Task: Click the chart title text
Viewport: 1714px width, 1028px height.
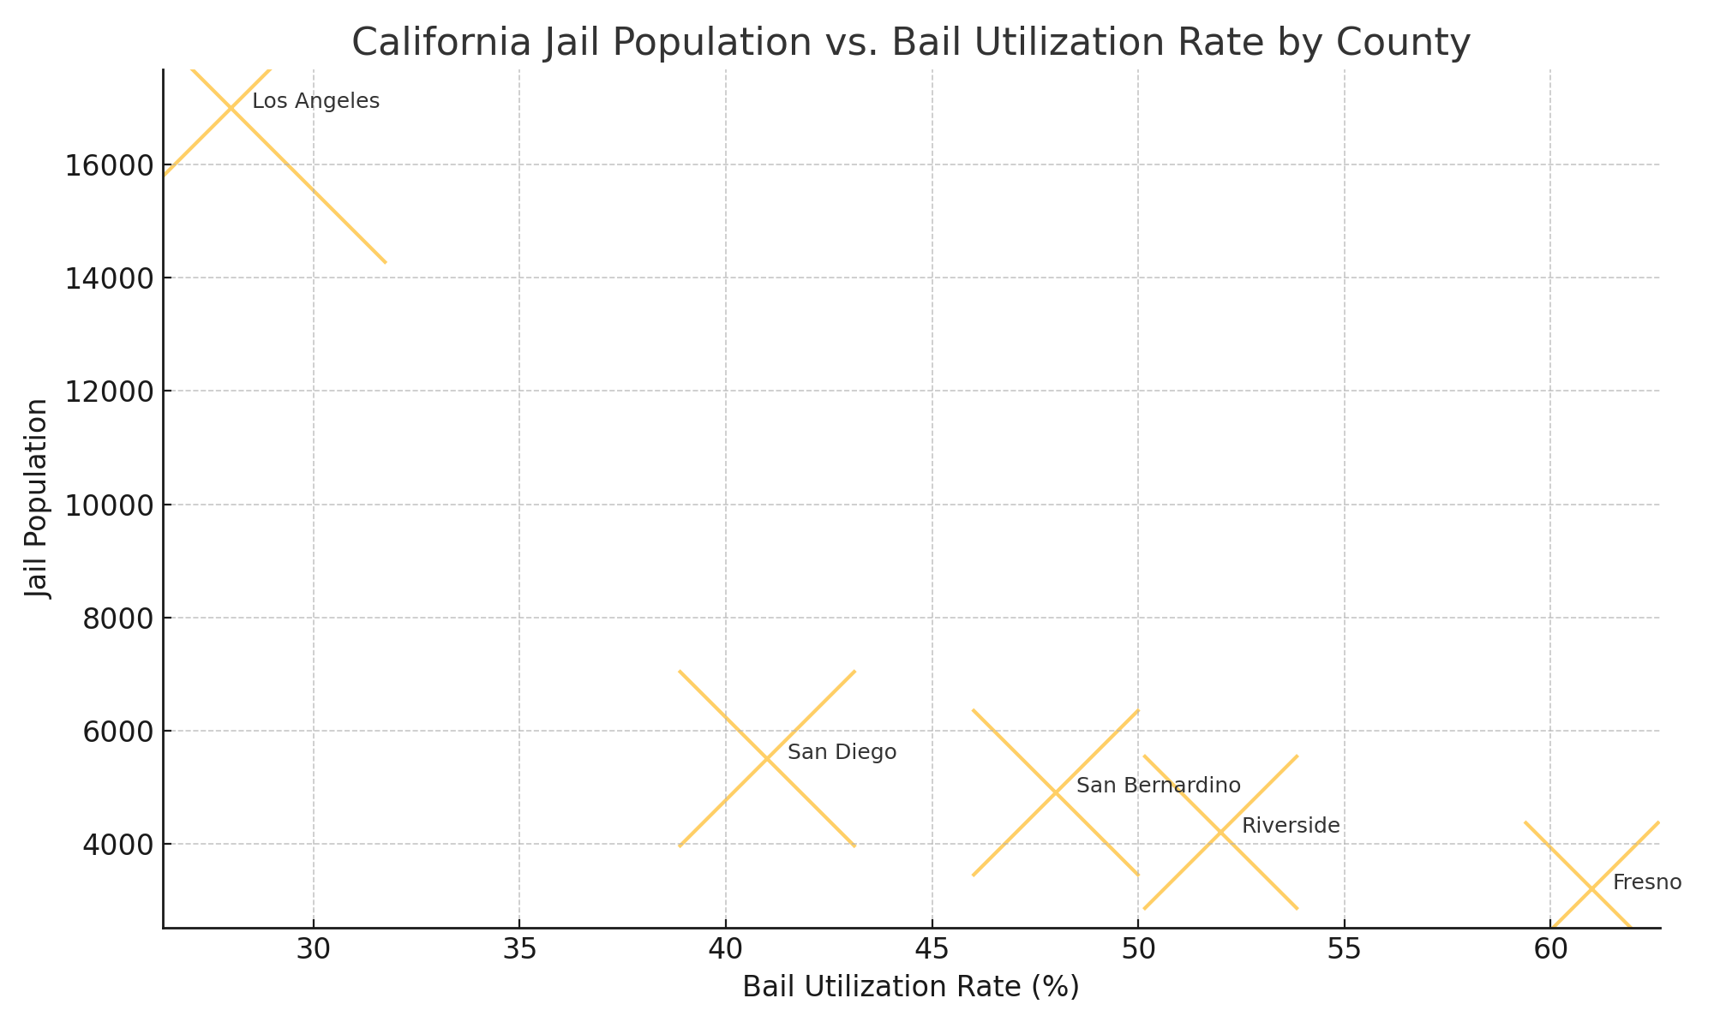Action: pos(910,43)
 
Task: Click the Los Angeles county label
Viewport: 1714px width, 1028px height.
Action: pos(315,102)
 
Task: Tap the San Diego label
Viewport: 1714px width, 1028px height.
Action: pos(842,753)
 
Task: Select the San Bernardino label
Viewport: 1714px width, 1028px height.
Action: pos(1158,786)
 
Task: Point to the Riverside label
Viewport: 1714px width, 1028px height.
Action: pos(1290,826)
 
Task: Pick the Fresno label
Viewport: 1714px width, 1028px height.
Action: pos(1646,882)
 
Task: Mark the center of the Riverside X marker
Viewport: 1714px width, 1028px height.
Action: pos(1220,832)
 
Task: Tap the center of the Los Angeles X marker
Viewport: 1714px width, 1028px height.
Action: pos(231,108)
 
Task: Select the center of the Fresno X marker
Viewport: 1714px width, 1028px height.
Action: pos(1591,888)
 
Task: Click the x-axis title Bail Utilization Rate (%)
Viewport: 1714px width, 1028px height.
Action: pos(910,987)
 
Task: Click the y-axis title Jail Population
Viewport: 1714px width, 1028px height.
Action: pos(37,499)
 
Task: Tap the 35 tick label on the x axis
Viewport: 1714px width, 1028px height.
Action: pos(519,950)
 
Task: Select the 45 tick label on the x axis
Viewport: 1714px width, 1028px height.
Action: pos(932,950)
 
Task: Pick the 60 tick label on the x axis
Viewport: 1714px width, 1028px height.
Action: pos(1550,950)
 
